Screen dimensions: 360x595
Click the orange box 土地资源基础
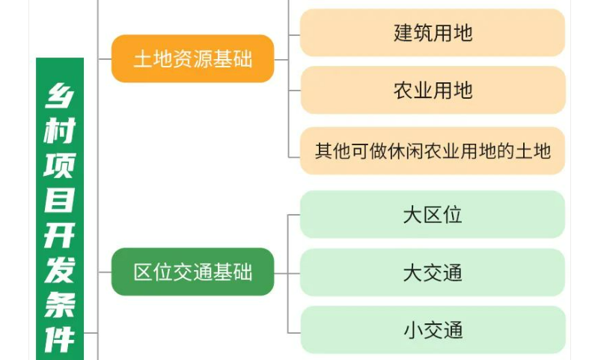[192, 59]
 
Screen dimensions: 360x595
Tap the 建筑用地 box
[433, 33]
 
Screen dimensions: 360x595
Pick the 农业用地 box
[433, 91]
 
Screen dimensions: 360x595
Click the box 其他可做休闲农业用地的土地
[433, 151]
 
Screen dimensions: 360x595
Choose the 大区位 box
[433, 215]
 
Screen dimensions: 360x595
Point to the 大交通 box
[433, 272]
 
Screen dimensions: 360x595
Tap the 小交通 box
[433, 329]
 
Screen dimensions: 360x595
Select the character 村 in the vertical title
[60, 132]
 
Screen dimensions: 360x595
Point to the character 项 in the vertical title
[60, 166]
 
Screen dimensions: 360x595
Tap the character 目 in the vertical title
[60, 201]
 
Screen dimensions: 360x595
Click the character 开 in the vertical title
[60, 236]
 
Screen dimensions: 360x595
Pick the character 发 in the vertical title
[60, 270]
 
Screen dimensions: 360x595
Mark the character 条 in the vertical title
[60, 305]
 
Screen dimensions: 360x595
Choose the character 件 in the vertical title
[60, 339]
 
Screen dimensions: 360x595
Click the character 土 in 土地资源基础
[142, 60]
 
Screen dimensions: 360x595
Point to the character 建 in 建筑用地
[403, 33]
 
